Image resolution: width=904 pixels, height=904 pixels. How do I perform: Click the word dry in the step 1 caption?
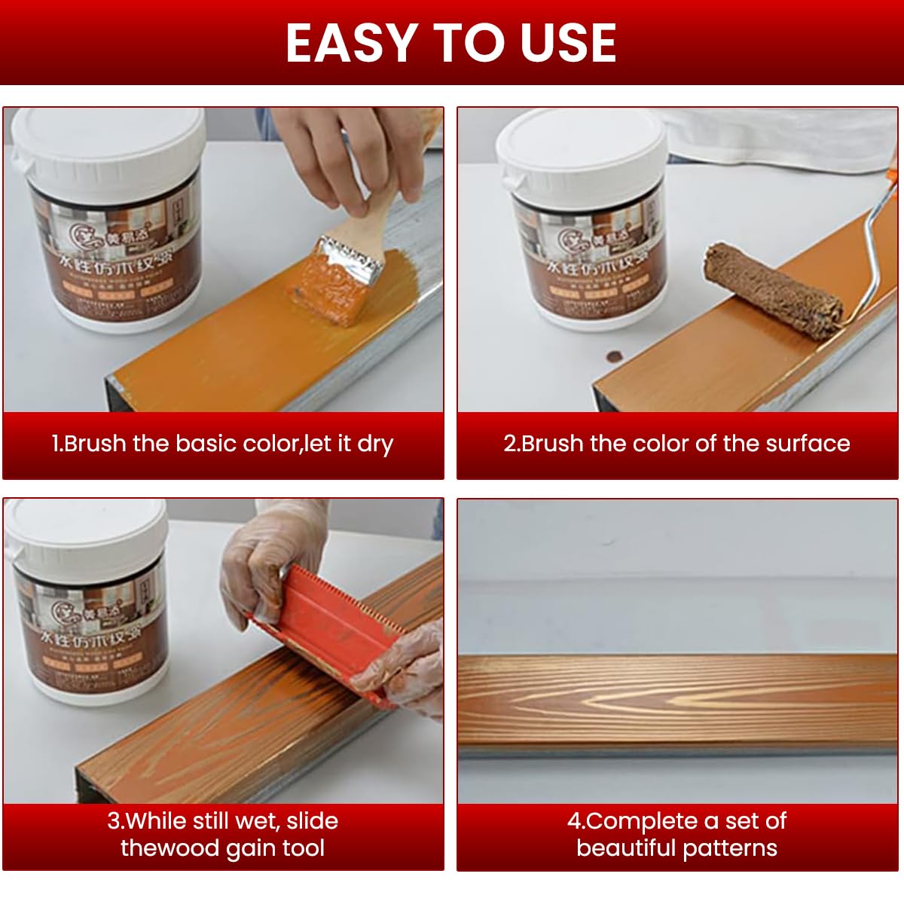375,444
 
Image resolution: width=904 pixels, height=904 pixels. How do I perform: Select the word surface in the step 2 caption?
808,444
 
